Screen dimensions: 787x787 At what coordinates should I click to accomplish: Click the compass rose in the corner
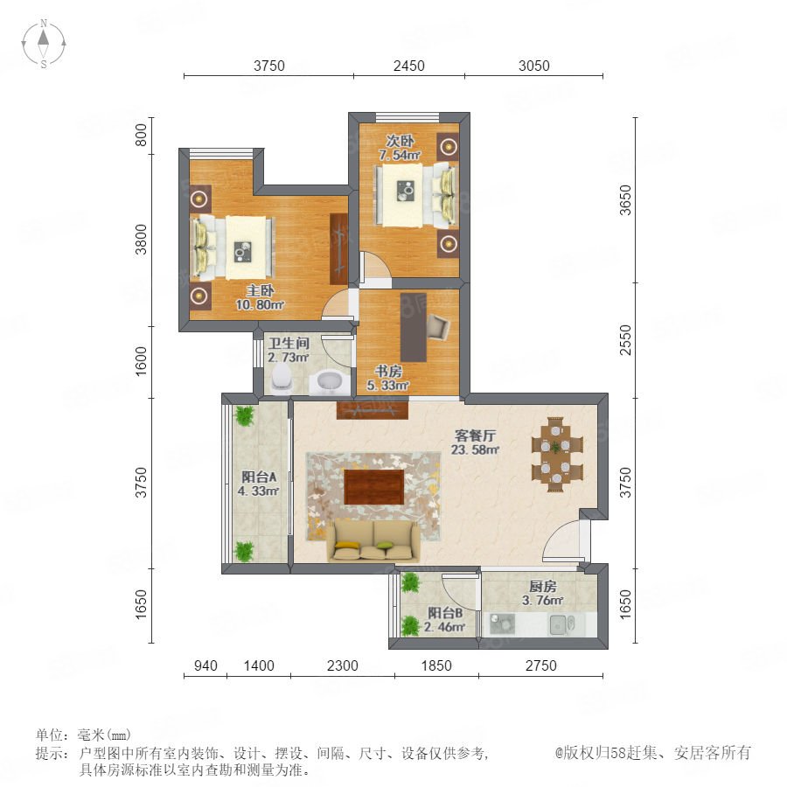point(44,44)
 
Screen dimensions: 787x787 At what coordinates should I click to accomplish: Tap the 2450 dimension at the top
point(408,66)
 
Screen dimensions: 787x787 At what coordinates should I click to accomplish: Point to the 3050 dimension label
point(533,66)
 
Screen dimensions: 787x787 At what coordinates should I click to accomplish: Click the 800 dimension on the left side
point(142,135)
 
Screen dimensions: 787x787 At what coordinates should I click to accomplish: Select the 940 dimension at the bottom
point(205,665)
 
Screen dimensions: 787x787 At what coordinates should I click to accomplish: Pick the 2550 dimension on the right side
point(625,340)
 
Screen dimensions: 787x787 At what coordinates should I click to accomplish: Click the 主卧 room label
point(260,290)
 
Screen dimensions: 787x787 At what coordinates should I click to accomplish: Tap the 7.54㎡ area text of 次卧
point(400,155)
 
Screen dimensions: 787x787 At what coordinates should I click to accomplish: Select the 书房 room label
point(388,372)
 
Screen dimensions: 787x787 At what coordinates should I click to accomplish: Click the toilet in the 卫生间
point(281,378)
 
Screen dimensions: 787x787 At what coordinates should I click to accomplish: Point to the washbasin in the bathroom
point(329,381)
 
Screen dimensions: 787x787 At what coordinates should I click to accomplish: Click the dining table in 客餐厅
point(557,454)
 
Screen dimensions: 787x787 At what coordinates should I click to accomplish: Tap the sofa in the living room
point(374,540)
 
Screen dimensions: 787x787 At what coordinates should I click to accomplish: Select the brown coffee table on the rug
point(374,487)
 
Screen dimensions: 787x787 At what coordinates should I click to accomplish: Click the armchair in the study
point(438,327)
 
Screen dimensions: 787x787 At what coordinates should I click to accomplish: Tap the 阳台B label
point(445,613)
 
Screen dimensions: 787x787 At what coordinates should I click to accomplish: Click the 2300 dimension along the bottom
point(342,665)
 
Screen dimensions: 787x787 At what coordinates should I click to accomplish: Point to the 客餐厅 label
point(475,435)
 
